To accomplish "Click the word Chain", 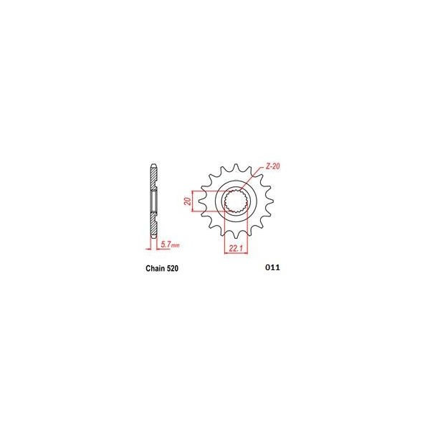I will [x=146, y=270].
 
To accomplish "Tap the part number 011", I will [x=272, y=269].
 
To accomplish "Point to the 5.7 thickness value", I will [x=166, y=245].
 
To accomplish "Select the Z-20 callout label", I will [x=272, y=166].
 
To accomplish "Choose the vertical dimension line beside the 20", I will [x=192, y=202].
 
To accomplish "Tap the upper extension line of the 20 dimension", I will [x=208, y=191].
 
